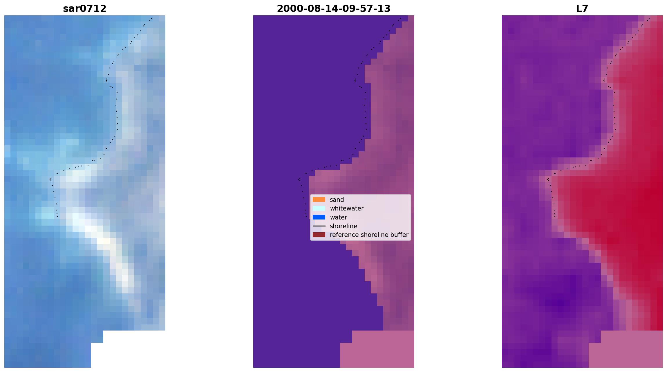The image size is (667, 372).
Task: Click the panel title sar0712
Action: [x=85, y=9]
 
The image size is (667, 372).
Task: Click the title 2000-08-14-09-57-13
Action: [x=334, y=9]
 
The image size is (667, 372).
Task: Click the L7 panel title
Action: [x=582, y=9]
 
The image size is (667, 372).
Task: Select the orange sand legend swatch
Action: [x=319, y=199]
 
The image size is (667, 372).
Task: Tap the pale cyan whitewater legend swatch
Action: [x=319, y=208]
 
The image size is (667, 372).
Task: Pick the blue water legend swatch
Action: [x=319, y=217]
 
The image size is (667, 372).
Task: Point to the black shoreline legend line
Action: [x=319, y=226]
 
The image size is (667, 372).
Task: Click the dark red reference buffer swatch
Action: [x=319, y=235]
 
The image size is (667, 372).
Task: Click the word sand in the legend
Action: [x=337, y=200]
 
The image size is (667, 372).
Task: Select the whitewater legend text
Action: [x=347, y=208]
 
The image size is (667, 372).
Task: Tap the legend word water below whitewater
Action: [x=339, y=217]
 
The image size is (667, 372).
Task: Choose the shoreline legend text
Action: [x=344, y=226]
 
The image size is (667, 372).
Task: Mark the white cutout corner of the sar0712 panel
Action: [x=104, y=331]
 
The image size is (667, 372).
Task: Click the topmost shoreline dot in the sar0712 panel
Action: [x=151, y=19]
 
